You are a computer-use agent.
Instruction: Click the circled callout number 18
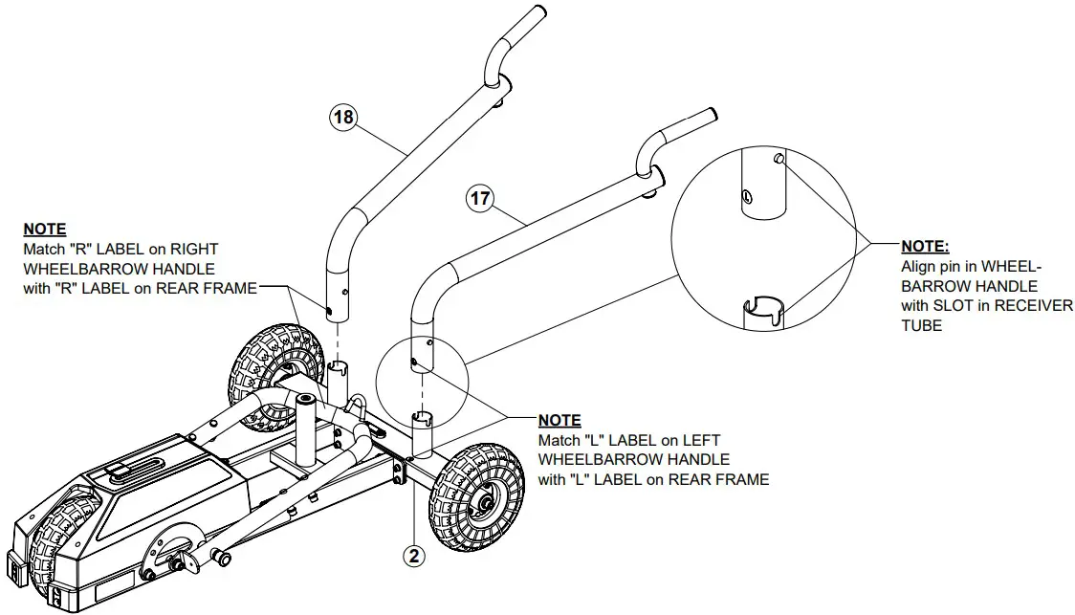tap(343, 118)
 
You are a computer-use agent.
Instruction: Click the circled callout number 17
tap(480, 200)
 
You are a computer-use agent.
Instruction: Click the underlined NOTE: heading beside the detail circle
tap(925, 247)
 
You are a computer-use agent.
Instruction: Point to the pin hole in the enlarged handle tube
tap(744, 198)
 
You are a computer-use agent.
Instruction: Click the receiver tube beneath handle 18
tap(340, 378)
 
